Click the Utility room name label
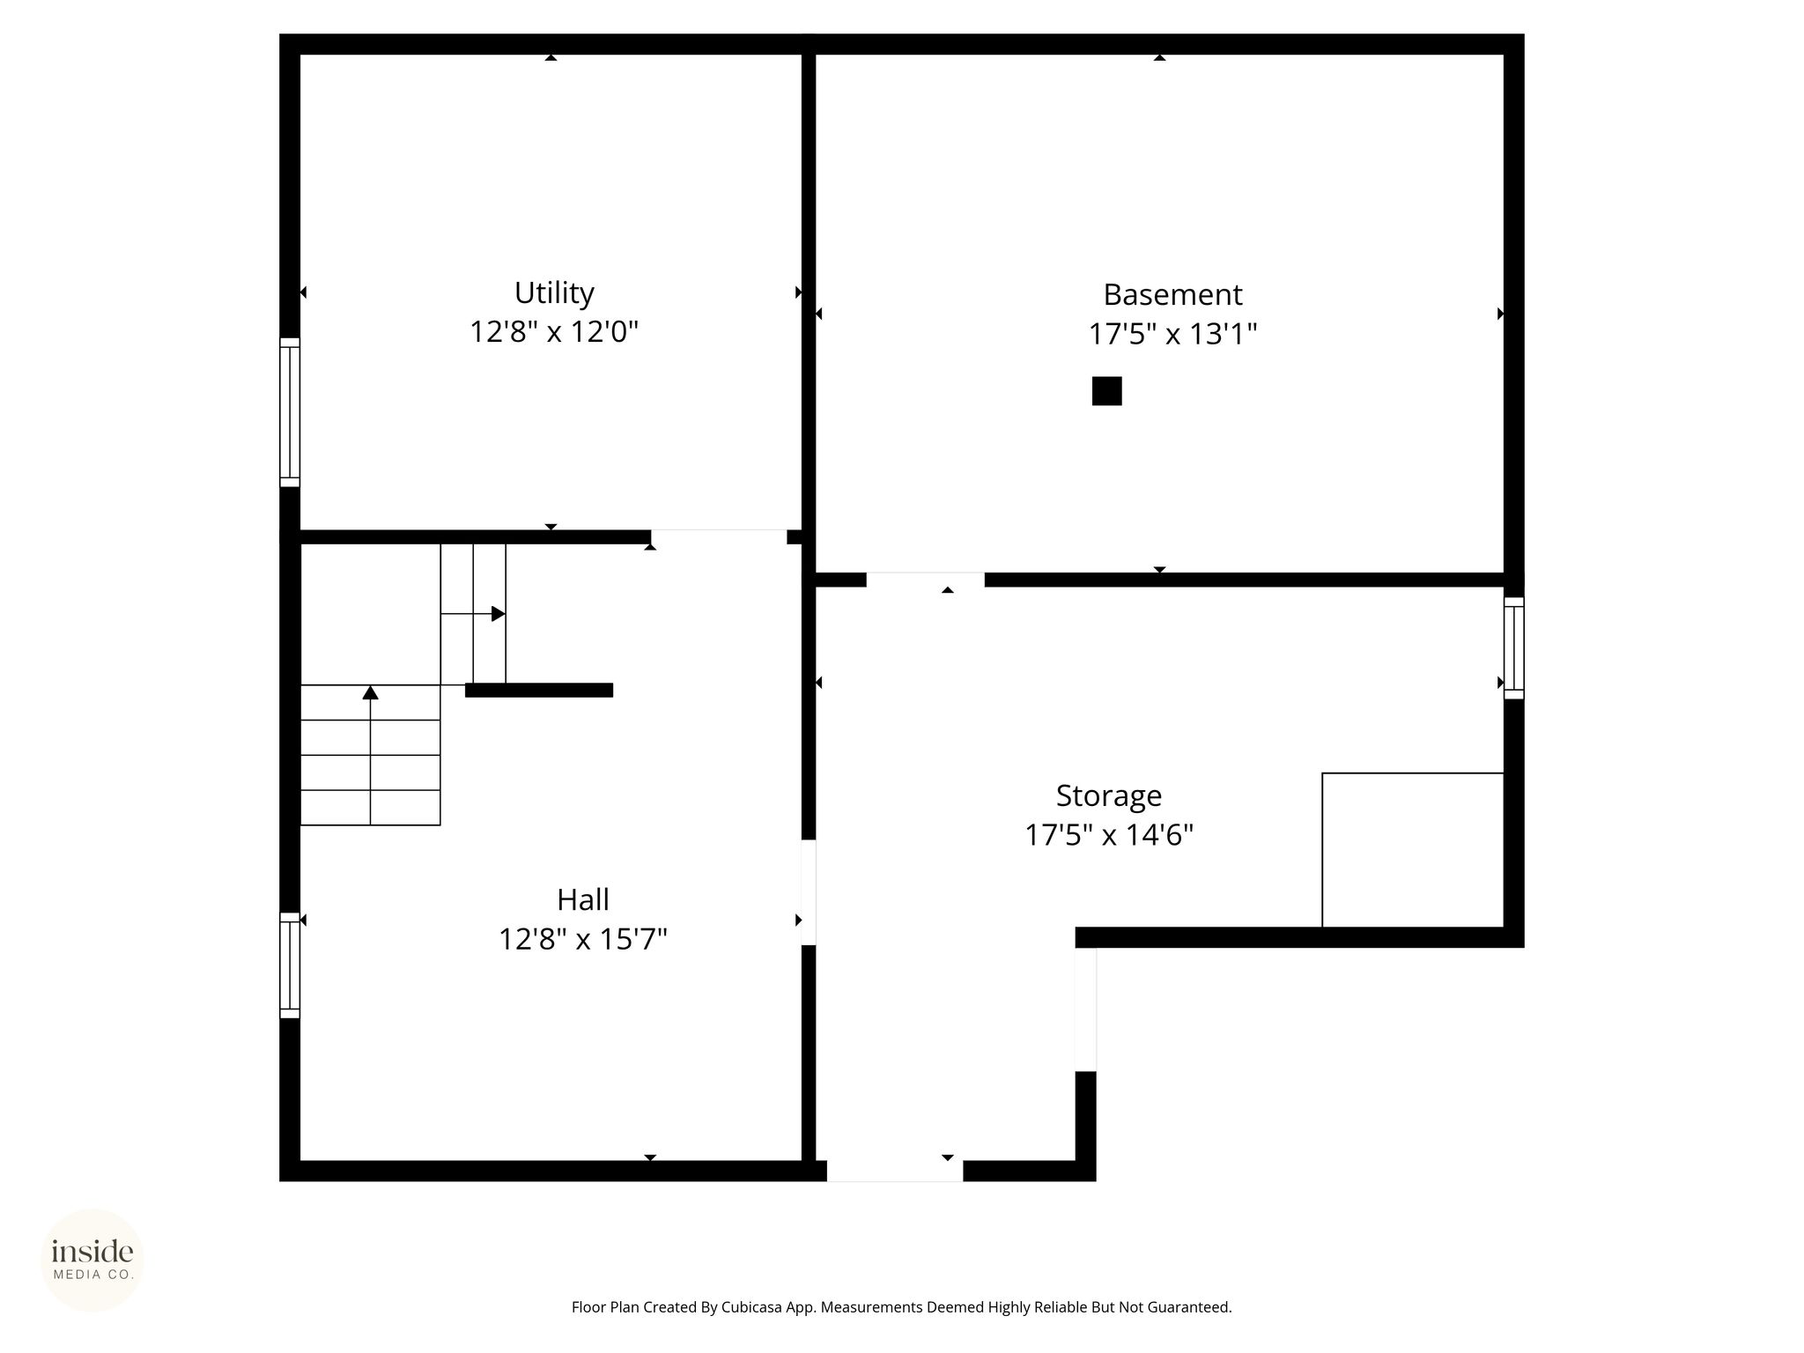tap(554, 292)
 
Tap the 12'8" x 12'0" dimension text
tap(554, 332)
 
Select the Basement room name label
tap(1172, 294)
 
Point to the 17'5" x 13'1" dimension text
tap(1172, 335)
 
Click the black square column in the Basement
tap(1107, 391)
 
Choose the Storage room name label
tap(1109, 795)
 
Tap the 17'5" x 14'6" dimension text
tap(1109, 835)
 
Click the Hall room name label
tap(583, 900)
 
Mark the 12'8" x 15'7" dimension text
tap(583, 940)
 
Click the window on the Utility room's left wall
tap(290, 412)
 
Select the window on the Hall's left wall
tap(290, 965)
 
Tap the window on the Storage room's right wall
tap(1513, 648)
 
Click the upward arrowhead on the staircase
tap(371, 692)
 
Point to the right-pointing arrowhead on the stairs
tap(499, 614)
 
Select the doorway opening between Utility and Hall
tap(719, 536)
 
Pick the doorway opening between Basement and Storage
tap(925, 580)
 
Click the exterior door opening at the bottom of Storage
tap(895, 1171)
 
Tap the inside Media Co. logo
tap(92, 1260)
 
